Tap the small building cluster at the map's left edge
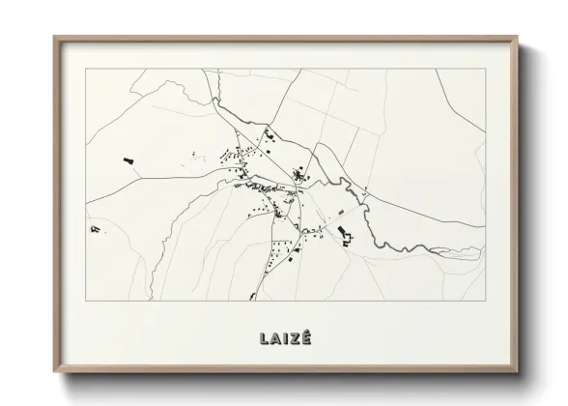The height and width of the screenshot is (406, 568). [95, 227]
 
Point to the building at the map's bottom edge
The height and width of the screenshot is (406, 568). [253, 294]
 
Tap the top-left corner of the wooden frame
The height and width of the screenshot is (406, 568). [54, 38]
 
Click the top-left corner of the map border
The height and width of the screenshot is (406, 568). [86, 70]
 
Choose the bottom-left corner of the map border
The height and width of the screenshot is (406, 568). [86, 300]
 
